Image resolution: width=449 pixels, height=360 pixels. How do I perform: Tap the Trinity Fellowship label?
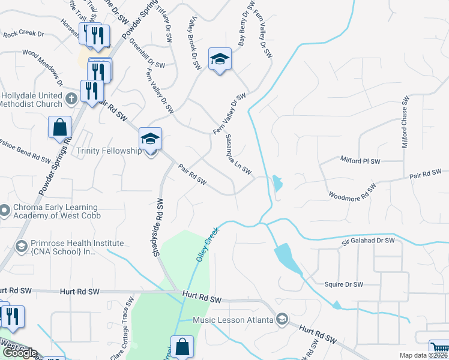(x=109, y=151)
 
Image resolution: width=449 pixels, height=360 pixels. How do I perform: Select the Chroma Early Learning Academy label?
(x=56, y=211)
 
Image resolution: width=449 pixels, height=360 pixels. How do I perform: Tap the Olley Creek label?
(x=205, y=247)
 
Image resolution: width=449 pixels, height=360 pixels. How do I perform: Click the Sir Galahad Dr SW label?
(x=369, y=241)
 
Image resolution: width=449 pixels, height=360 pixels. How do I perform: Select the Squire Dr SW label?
(x=344, y=284)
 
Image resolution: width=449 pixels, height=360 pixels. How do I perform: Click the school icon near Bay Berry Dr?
(x=220, y=59)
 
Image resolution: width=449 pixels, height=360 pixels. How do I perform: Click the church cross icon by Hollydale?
(x=71, y=98)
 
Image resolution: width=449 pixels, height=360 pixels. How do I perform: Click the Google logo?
(x=19, y=353)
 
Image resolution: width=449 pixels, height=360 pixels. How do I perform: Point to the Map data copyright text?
(x=423, y=355)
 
